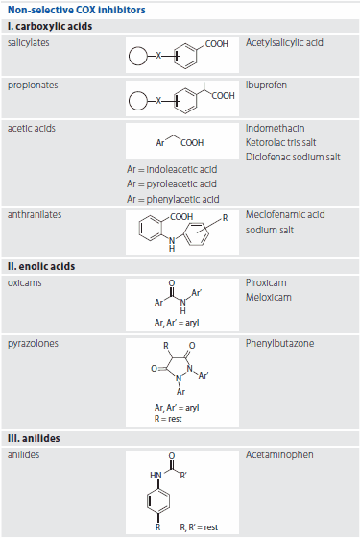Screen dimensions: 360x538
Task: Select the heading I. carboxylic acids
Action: click(49, 26)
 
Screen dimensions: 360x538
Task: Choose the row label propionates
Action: click(33, 85)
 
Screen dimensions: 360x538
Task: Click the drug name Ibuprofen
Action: click(268, 85)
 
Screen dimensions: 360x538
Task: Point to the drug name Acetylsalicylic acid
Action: click(284, 43)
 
